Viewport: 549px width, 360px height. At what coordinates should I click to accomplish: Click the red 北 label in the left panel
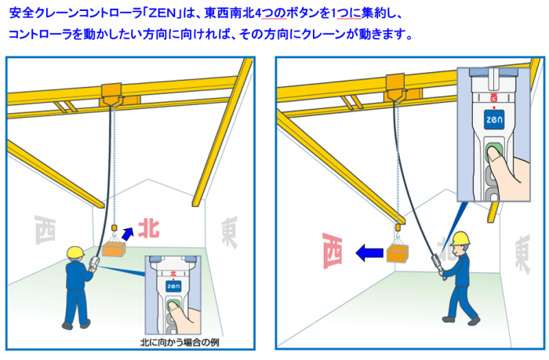pyautogui.click(x=149, y=229)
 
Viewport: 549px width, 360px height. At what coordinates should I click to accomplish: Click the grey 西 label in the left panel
pyautogui.click(x=45, y=230)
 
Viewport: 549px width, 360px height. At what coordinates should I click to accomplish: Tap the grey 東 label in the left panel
pyautogui.click(x=229, y=232)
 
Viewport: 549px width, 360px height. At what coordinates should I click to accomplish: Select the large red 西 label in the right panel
pyautogui.click(x=332, y=250)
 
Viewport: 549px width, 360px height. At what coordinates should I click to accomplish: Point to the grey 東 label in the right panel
pyautogui.click(x=522, y=254)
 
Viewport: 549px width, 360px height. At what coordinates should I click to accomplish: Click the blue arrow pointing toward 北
pyautogui.click(x=127, y=234)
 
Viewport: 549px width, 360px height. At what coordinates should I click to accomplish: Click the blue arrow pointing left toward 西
pyautogui.click(x=369, y=253)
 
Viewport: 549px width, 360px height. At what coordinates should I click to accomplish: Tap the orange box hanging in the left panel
pyautogui.click(x=114, y=249)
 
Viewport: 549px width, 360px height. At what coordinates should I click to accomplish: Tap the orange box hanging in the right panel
pyautogui.click(x=398, y=253)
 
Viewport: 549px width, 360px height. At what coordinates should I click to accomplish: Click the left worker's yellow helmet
pyautogui.click(x=75, y=253)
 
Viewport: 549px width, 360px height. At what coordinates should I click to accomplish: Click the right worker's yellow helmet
pyautogui.click(x=460, y=238)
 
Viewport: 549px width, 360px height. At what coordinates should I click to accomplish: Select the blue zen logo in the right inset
pyautogui.click(x=494, y=119)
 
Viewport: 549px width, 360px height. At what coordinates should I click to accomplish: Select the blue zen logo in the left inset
pyautogui.click(x=173, y=286)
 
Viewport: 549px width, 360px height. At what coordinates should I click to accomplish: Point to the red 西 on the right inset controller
pyautogui.click(x=493, y=97)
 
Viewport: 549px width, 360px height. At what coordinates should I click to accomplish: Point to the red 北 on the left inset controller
pyautogui.click(x=173, y=273)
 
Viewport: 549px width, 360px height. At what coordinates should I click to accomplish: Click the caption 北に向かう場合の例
pyautogui.click(x=180, y=342)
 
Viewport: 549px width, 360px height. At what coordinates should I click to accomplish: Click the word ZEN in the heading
pyautogui.click(x=162, y=13)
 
